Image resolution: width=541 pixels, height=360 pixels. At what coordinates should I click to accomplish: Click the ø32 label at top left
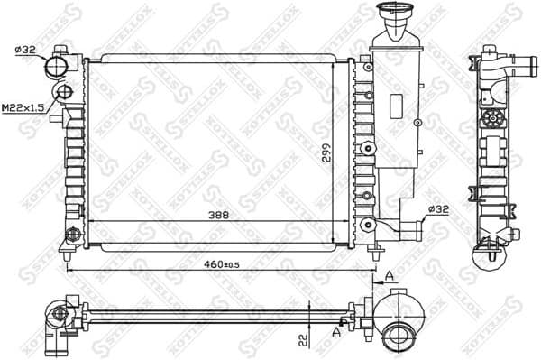coord(24,51)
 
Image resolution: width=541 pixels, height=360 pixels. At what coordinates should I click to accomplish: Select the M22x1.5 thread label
coord(23,107)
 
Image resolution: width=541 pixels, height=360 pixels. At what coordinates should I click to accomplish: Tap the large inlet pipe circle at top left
coord(60,66)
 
